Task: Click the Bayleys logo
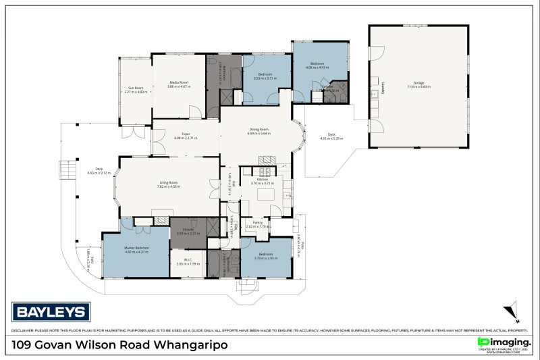coord(51,312)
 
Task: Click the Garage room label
coord(418,84)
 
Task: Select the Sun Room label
coord(136,87)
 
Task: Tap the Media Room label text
coord(178,82)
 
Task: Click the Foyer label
coord(186,134)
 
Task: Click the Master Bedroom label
coord(136,248)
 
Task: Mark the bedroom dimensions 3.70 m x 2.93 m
coord(266,259)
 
